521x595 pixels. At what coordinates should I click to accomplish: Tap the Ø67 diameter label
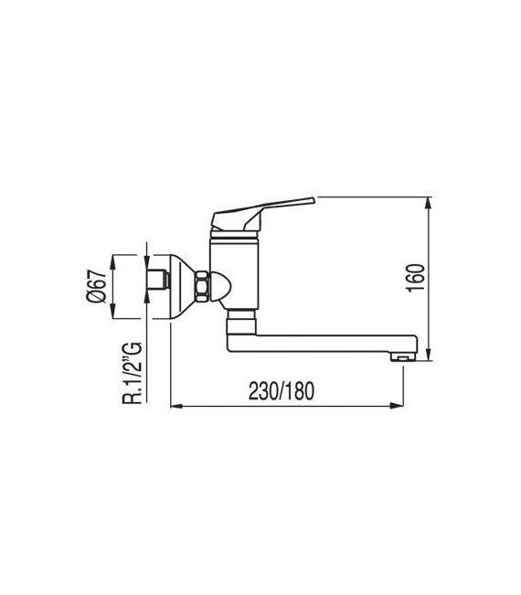93,285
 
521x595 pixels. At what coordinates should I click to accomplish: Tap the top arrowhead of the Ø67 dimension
112,257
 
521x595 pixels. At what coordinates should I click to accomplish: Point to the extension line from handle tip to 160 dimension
375,196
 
